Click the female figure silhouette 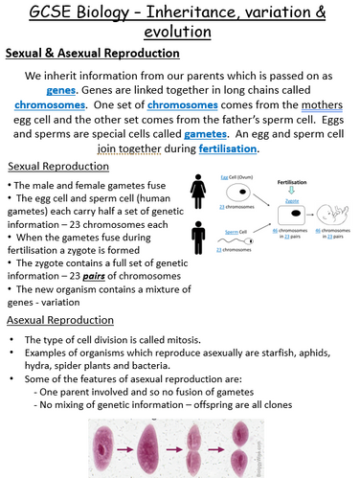click(x=197, y=192)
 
